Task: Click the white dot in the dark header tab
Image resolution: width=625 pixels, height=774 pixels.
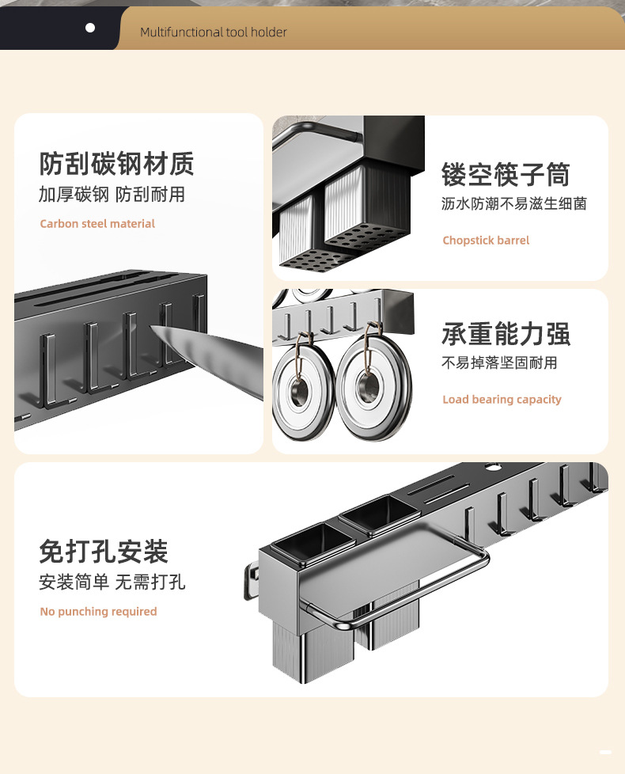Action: (90, 28)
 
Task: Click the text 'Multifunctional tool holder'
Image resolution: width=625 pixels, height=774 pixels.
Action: (214, 32)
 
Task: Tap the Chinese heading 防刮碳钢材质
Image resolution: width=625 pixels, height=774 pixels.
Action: (116, 164)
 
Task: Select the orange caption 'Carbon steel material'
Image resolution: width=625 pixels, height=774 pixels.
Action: (97, 224)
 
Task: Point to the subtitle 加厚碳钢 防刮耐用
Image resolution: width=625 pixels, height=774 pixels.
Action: (112, 195)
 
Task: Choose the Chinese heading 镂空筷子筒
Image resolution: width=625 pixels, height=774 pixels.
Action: (506, 174)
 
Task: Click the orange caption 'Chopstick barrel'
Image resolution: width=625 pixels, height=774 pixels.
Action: (486, 241)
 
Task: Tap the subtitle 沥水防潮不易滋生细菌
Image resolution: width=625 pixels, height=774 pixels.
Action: (514, 203)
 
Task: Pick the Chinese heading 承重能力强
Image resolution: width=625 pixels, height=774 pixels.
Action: (506, 334)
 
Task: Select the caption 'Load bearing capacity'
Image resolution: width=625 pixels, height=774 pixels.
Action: (502, 400)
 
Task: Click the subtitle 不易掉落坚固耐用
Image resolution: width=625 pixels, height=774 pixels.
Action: (499, 362)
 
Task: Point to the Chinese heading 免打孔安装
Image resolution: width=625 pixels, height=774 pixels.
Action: (104, 552)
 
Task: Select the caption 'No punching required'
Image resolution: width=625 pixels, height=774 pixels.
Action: (98, 612)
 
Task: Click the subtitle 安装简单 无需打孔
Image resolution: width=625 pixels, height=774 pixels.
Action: (112, 582)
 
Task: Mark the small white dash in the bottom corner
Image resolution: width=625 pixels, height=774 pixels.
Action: (606, 750)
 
